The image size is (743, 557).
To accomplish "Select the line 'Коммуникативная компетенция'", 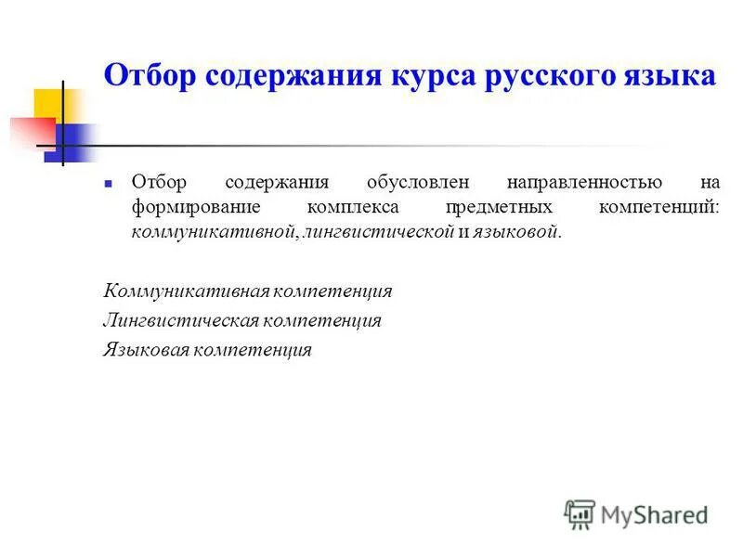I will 248,291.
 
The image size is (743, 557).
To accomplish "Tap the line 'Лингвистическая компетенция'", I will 242,321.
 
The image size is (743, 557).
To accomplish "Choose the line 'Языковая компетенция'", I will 207,351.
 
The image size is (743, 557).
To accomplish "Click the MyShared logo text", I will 654,514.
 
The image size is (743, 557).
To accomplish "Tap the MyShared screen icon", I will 580,513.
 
